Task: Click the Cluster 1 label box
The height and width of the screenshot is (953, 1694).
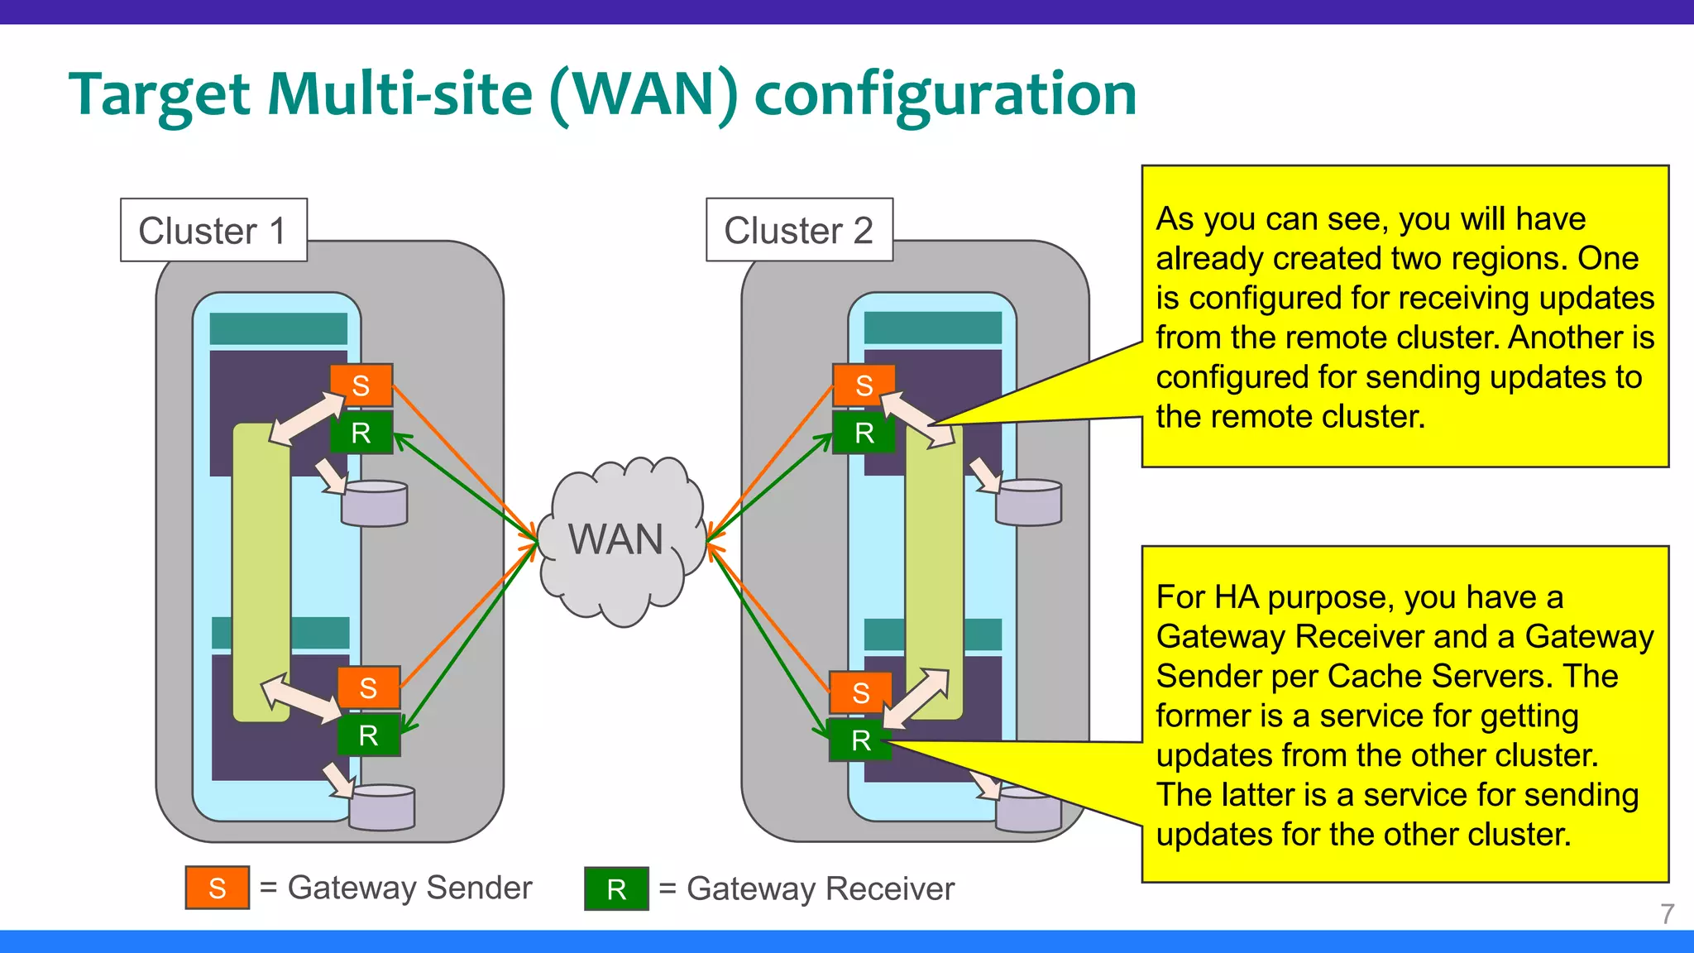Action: (213, 230)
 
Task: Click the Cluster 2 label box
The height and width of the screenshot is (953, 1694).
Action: (799, 230)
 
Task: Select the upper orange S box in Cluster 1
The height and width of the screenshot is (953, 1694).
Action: (361, 386)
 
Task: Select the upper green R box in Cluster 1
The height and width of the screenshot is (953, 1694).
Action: (361, 433)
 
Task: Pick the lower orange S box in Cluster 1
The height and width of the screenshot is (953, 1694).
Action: (369, 687)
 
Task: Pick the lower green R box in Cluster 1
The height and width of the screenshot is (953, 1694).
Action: (369, 735)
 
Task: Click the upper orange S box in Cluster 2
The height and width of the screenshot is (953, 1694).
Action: (864, 386)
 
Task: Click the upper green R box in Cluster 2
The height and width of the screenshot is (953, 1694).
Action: (864, 433)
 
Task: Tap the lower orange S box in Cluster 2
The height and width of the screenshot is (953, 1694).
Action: (860, 692)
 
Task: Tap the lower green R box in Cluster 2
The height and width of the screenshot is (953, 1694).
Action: (860, 740)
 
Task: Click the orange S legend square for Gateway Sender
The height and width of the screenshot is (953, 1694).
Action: (218, 888)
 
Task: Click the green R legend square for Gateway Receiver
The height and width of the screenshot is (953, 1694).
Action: (616, 889)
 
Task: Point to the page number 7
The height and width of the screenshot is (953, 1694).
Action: (1667, 914)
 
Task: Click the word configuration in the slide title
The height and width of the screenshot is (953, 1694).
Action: (945, 94)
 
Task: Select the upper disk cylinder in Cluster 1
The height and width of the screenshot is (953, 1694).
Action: (375, 505)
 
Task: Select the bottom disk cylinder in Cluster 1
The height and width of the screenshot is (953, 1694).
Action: (382, 808)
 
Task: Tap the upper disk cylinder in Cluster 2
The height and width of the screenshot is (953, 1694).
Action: (1029, 504)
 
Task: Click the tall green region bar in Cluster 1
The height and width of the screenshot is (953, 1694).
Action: (261, 571)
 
